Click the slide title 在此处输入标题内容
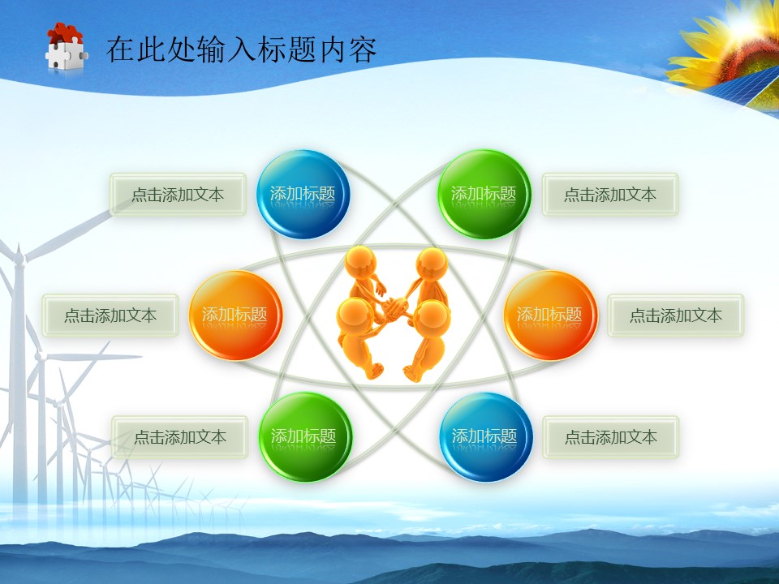tap(242, 49)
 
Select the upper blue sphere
tap(302, 195)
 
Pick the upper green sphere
tap(484, 195)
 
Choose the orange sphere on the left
tap(235, 316)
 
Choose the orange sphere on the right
tap(550, 316)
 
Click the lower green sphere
tap(304, 437)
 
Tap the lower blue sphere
tap(485, 437)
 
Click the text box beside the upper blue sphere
tap(178, 195)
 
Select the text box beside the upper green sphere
tap(610, 195)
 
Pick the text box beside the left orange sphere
tap(110, 316)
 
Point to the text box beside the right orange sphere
tap(676, 316)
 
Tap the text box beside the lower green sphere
tap(180, 437)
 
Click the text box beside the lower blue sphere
tap(610, 437)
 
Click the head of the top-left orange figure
tap(360, 263)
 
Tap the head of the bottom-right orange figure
tap(433, 316)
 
